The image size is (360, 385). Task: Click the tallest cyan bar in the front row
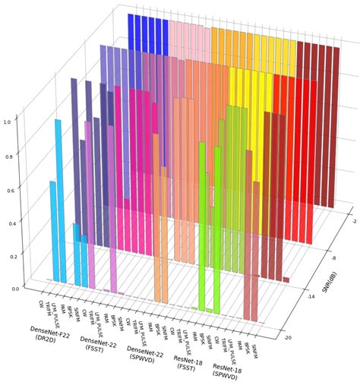pyautogui.click(x=58, y=197)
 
